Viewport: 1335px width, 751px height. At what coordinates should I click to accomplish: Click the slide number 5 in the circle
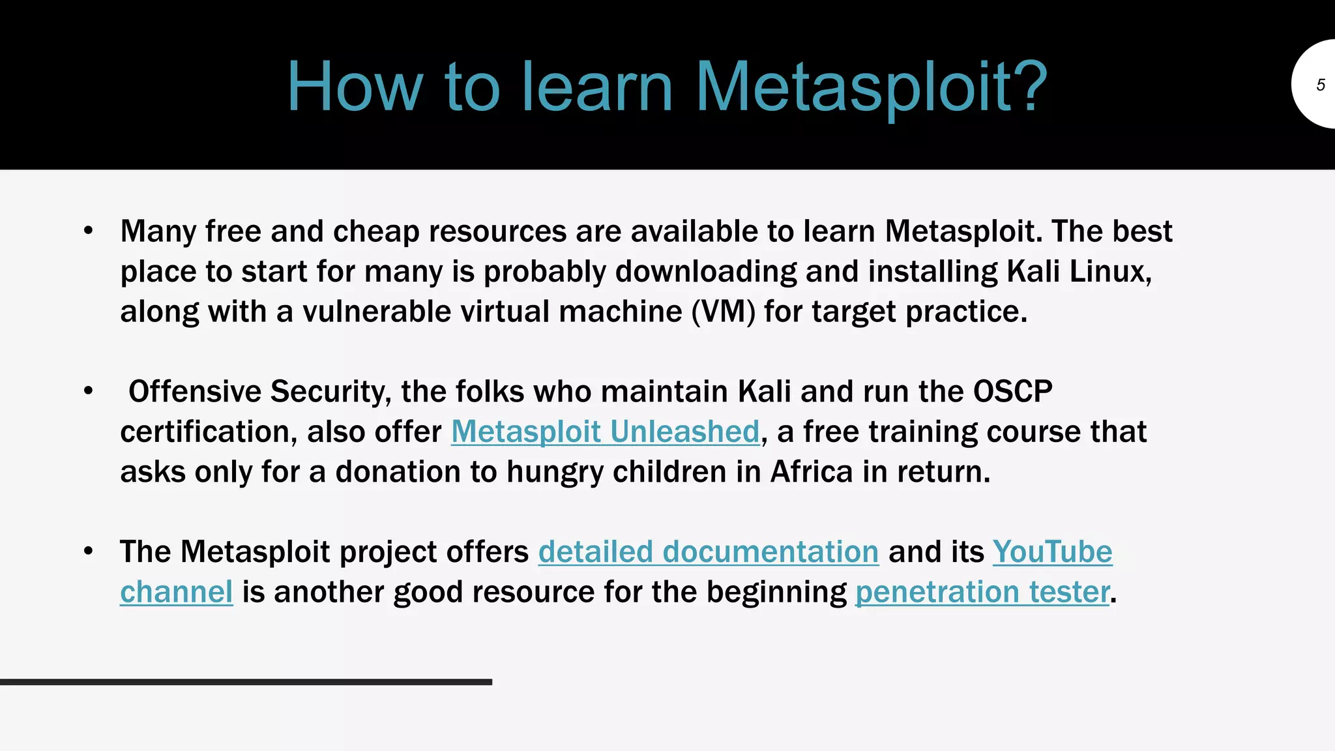(1320, 85)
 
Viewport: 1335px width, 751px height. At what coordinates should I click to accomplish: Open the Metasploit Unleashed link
(605, 432)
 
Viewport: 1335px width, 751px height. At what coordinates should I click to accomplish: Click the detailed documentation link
(708, 552)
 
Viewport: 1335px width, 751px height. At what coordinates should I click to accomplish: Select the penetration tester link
(982, 592)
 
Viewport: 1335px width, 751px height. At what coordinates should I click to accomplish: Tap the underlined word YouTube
(1052, 552)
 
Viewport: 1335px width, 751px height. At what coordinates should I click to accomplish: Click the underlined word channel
(176, 592)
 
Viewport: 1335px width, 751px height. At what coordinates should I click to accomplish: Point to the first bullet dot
(89, 231)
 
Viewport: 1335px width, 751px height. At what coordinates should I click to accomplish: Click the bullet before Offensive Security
(89, 391)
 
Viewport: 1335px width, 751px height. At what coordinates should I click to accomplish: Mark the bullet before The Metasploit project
(89, 552)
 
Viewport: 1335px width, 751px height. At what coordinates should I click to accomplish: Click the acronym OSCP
(1012, 391)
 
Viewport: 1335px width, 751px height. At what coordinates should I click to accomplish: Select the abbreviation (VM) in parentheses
(723, 311)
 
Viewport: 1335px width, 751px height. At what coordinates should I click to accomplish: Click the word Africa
(811, 471)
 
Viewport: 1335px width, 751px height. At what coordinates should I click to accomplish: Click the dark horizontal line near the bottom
(246, 682)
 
